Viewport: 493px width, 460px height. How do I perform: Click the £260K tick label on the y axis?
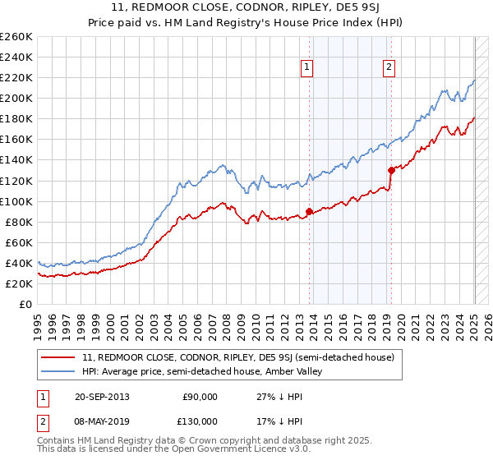16,37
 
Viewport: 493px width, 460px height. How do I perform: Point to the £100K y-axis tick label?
16,201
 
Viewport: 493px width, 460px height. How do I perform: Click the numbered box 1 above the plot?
307,68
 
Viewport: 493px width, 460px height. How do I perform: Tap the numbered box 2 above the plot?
389,68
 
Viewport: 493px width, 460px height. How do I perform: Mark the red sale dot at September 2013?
309,211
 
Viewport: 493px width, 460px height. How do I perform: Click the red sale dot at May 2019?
390,170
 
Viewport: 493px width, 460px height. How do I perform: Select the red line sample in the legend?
58,357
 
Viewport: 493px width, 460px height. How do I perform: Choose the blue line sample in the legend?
58,371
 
